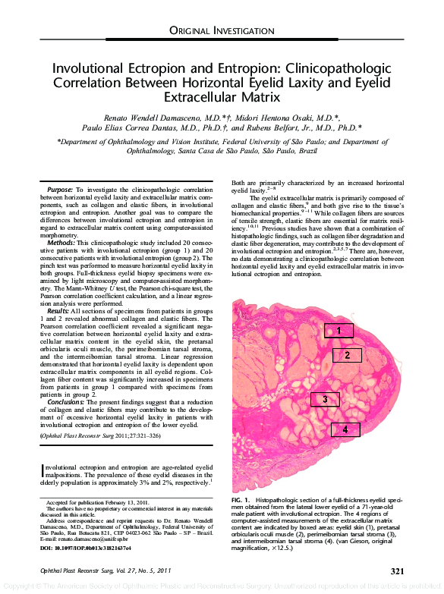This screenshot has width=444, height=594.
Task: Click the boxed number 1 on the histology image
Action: pyautogui.click(x=339, y=330)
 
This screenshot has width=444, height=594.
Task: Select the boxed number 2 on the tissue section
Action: pyautogui.click(x=347, y=355)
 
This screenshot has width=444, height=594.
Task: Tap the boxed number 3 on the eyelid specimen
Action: pyautogui.click(x=325, y=399)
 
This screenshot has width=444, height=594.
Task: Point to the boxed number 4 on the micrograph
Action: pyautogui.click(x=345, y=429)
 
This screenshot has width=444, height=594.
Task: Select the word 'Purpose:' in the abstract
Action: pyautogui.click(x=60, y=188)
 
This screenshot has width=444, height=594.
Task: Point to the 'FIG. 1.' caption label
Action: pyautogui.click(x=241, y=501)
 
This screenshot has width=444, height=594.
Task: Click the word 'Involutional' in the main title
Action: pyautogui.click(x=88, y=68)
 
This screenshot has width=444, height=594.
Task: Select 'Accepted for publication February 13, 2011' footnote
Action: pyautogui.click(x=96, y=503)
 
